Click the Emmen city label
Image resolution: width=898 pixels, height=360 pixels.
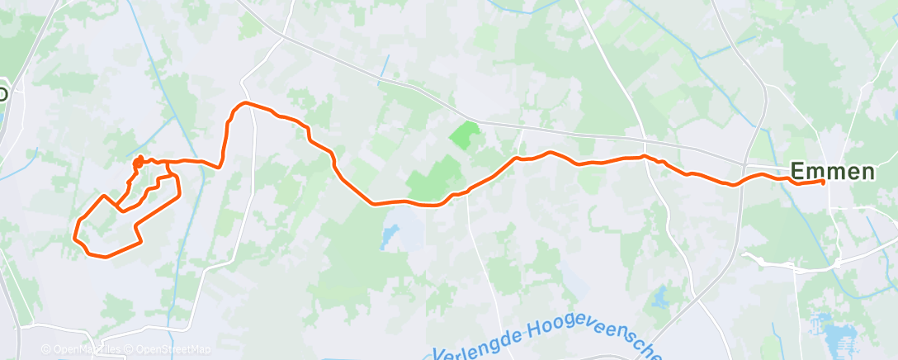(833, 172)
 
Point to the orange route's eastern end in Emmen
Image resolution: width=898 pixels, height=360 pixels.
(823, 182)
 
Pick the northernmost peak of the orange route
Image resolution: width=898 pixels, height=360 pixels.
(244, 103)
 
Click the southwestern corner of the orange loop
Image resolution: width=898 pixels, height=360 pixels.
(77, 240)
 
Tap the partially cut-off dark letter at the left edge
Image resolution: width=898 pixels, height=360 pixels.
(3, 93)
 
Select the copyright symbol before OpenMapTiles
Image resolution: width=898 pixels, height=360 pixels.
(46, 350)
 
